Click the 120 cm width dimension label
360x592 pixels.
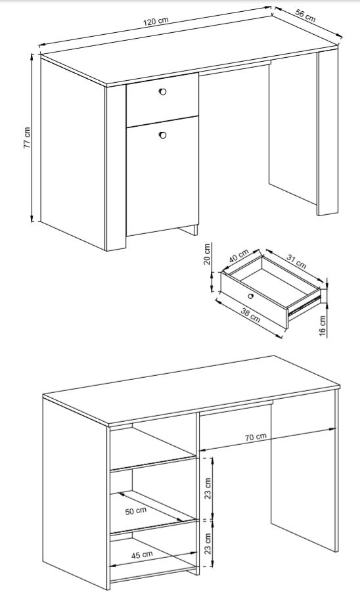click(155, 21)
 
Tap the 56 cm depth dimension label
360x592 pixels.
click(305, 16)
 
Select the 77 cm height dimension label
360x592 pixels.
click(27, 137)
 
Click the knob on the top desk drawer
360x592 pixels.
click(163, 92)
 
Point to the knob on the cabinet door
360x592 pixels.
click(163, 135)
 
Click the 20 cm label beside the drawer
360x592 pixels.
click(207, 254)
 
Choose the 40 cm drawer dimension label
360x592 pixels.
click(238, 256)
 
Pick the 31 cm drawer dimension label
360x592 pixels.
click(296, 261)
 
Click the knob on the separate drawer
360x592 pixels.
click(250, 296)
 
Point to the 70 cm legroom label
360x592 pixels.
click(256, 437)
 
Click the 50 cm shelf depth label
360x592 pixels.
click(136, 511)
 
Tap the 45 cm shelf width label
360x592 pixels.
click(142, 555)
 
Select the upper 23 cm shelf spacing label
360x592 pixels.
click(208, 488)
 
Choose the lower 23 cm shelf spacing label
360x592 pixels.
click(208, 543)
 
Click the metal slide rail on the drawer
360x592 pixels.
click(304, 305)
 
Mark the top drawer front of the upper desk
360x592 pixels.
click(163, 100)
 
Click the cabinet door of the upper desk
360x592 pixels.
click(163, 176)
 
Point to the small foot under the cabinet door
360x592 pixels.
click(189, 230)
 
